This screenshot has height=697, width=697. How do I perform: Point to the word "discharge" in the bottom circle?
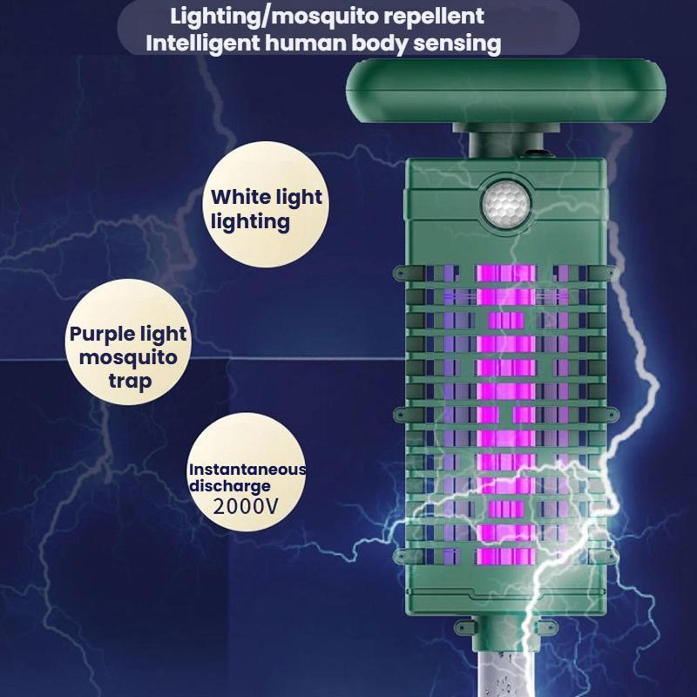pyautogui.click(x=230, y=486)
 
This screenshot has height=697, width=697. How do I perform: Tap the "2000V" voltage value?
pyautogui.click(x=246, y=507)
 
